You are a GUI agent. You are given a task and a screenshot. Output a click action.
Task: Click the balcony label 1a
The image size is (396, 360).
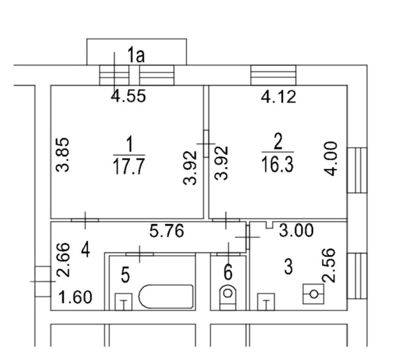pyautogui.click(x=136, y=55)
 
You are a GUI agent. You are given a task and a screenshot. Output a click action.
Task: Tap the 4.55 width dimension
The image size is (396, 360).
pyautogui.click(x=129, y=96)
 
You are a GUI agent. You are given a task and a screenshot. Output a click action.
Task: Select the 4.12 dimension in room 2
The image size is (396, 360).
pyautogui.click(x=278, y=97)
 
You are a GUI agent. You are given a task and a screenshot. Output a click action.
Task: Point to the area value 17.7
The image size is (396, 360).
pyautogui.click(x=129, y=166)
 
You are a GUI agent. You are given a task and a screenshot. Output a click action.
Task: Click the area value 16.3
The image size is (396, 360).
pyautogui.click(x=278, y=164)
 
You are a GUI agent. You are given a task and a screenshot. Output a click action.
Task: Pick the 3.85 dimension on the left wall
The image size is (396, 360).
pyautogui.click(x=62, y=155)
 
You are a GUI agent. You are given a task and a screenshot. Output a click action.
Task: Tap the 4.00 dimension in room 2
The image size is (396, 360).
pyautogui.click(x=331, y=158)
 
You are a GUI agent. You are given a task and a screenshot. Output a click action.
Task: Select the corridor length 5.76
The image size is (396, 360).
pyautogui.click(x=167, y=231)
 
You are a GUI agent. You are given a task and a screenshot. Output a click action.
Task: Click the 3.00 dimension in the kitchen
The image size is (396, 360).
pyautogui.click(x=296, y=230)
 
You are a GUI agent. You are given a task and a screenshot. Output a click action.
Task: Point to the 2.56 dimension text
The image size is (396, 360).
pyautogui.click(x=328, y=265)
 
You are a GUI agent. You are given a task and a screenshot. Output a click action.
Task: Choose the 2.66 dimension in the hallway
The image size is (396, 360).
pyautogui.click(x=62, y=260)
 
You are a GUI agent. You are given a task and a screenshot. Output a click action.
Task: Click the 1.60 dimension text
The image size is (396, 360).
pyautogui.click(x=75, y=297)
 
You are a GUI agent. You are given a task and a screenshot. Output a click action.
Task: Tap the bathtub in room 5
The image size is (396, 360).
pyautogui.click(x=166, y=296)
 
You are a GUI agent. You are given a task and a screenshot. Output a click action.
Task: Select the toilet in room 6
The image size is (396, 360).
pyautogui.click(x=228, y=297)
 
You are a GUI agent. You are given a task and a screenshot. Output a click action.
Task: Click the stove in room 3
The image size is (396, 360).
pyautogui.click(x=313, y=294)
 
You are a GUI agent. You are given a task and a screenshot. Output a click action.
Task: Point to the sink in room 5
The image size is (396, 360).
pyautogui.click(x=123, y=302)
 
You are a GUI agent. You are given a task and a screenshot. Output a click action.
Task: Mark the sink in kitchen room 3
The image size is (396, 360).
pyautogui.click(x=266, y=302)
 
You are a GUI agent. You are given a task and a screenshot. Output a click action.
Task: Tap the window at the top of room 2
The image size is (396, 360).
pyautogui.click(x=273, y=75)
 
